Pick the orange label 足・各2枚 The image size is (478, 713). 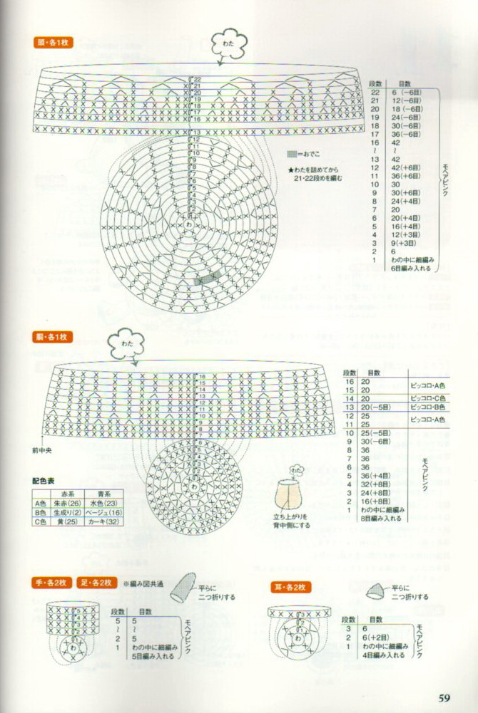click(x=96, y=583)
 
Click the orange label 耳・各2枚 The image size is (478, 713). click(x=290, y=587)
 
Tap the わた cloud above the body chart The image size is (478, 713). click(x=127, y=344)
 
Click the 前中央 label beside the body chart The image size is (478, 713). click(x=41, y=449)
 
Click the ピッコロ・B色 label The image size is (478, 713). click(x=428, y=407)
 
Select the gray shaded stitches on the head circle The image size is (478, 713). click(x=205, y=279)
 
